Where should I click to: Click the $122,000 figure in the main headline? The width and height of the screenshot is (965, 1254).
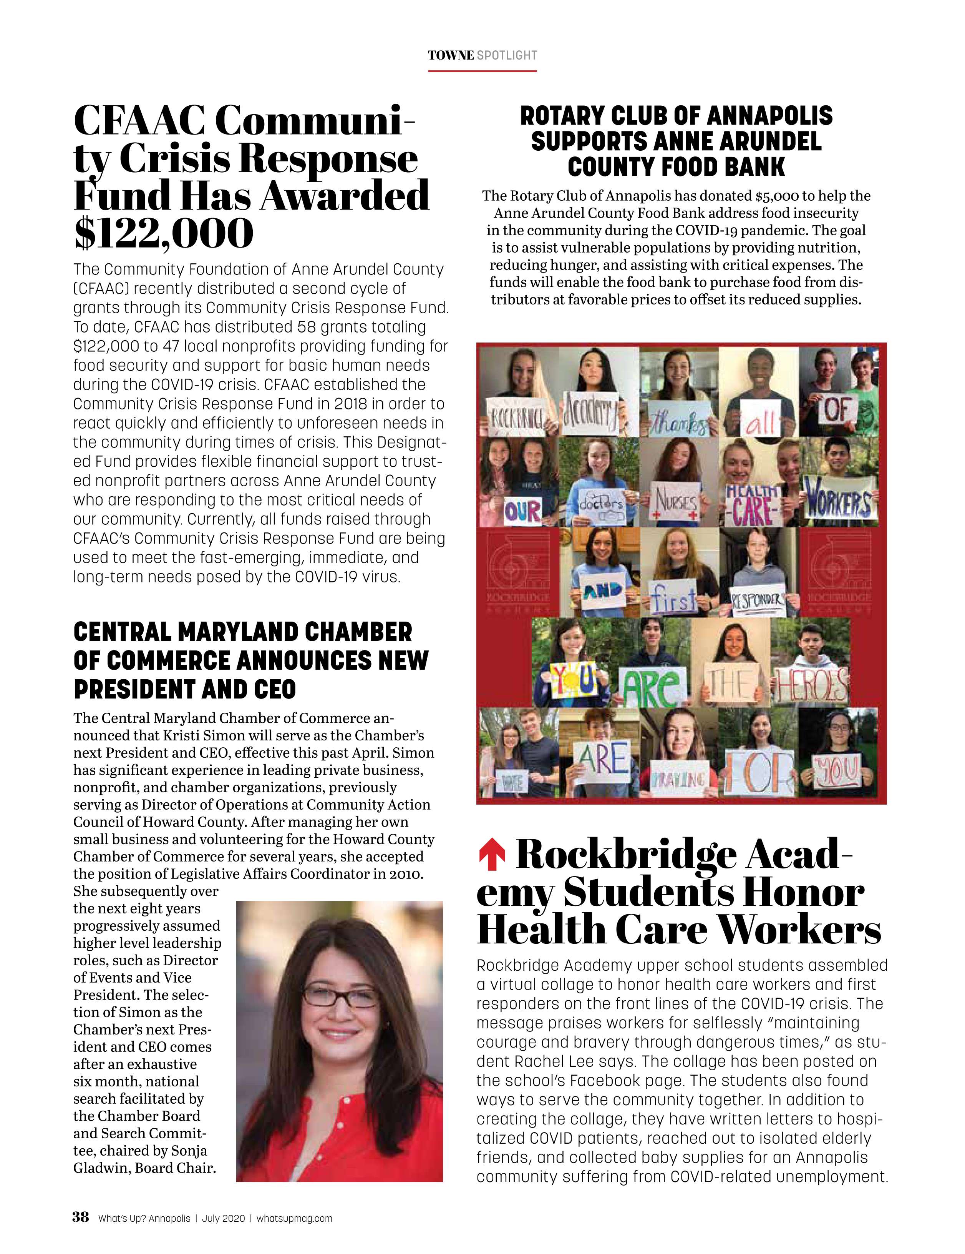click(164, 233)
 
